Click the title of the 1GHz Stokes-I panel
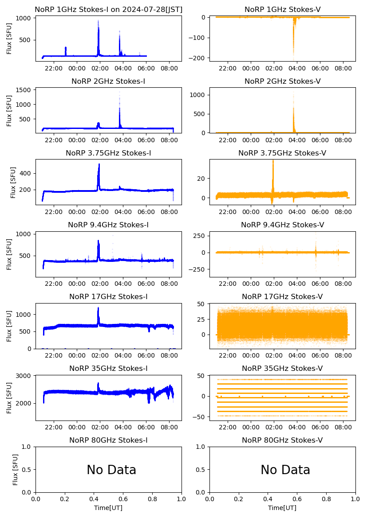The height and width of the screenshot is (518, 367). coord(108,9)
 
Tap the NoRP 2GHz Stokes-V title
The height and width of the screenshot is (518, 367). coord(282,81)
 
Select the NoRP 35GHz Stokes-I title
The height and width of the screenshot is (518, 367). coord(108,368)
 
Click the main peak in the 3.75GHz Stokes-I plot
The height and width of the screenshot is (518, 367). coord(99,165)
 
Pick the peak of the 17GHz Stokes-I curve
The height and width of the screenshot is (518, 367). coord(98,308)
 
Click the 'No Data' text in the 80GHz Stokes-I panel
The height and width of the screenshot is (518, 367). coord(111,470)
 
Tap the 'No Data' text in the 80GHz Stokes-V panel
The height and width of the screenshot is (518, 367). coord(285,470)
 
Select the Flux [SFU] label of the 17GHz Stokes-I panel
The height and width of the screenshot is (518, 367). coord(9,326)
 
